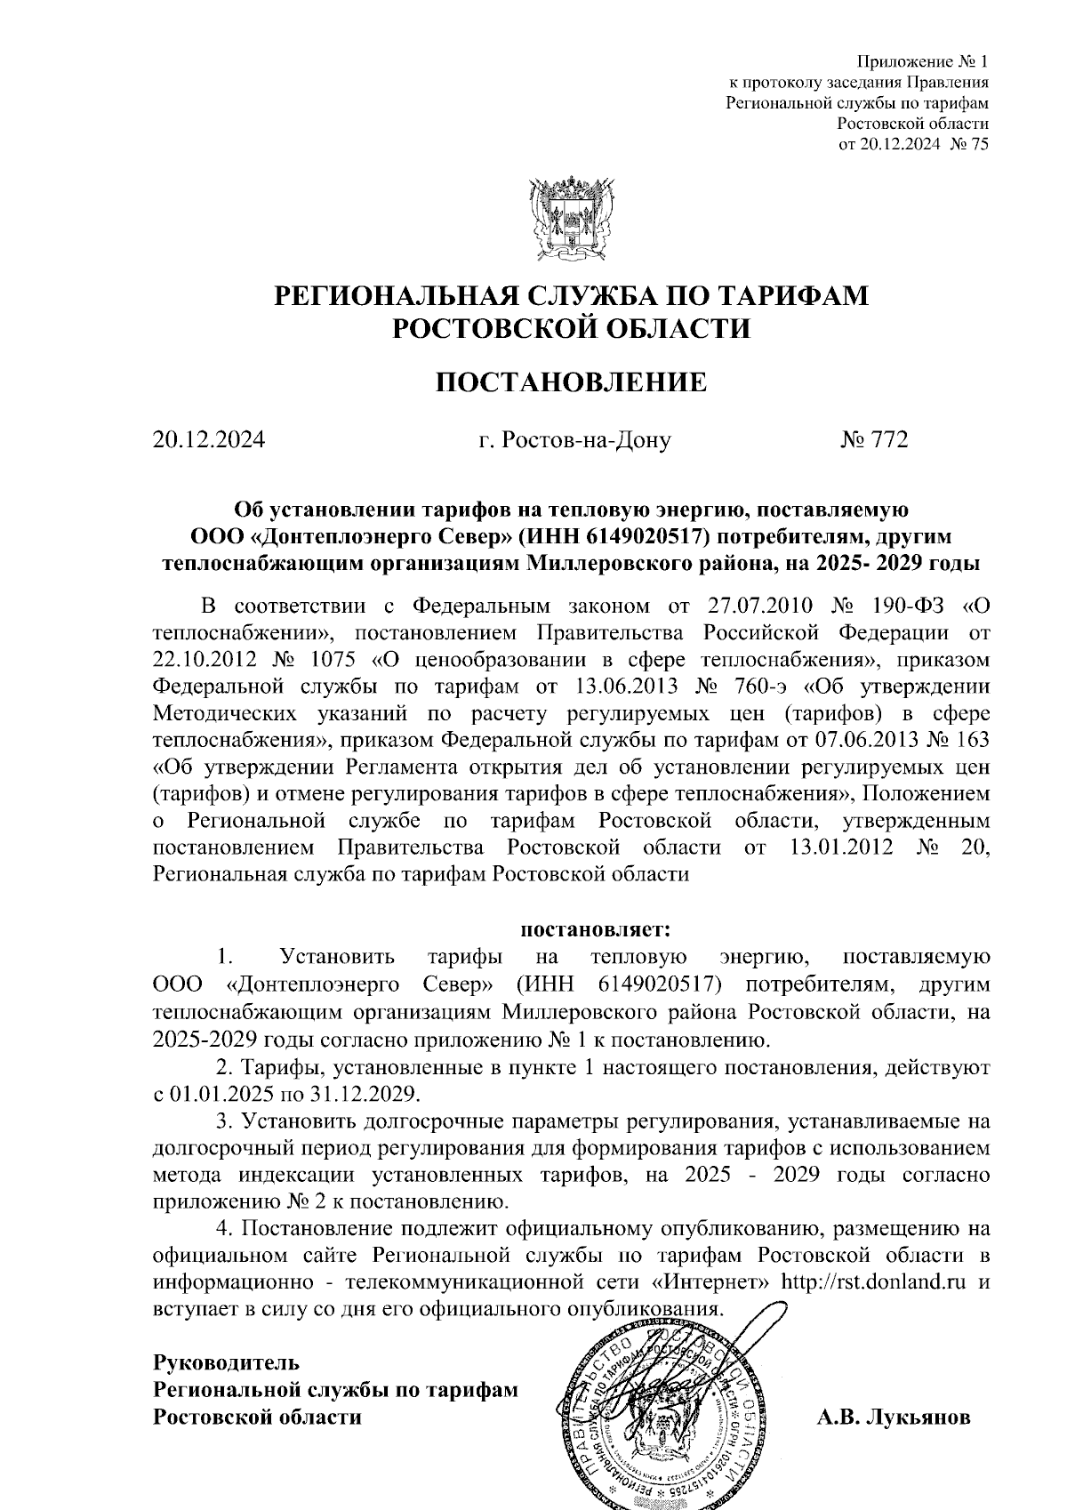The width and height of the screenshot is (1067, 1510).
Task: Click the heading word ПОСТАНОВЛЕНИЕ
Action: point(570,382)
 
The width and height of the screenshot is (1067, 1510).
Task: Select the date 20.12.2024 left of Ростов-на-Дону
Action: point(209,440)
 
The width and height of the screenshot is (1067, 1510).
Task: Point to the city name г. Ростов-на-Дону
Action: point(574,440)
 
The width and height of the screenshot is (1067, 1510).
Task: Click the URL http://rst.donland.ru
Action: point(874,1283)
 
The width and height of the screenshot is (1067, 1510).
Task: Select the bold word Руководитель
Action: point(227,1362)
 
